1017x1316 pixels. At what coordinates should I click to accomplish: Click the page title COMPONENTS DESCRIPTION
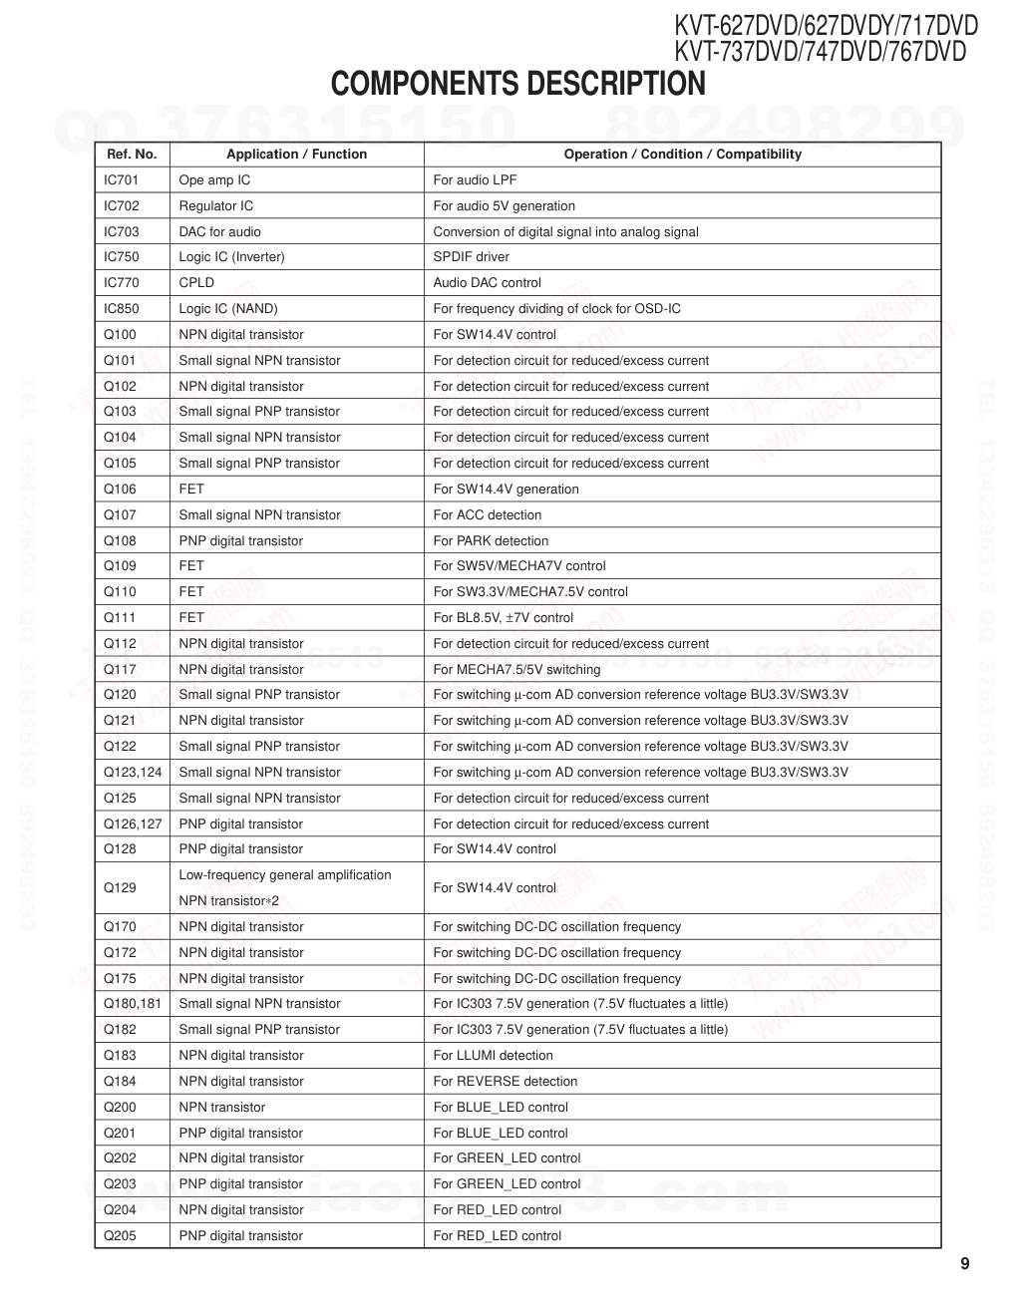point(517,84)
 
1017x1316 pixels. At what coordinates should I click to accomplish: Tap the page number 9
point(964,1264)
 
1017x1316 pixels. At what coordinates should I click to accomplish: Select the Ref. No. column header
point(132,155)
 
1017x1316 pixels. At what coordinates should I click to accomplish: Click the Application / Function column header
point(296,155)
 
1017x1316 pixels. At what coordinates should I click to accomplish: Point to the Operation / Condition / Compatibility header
point(682,155)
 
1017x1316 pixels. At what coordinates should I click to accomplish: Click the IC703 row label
point(122,232)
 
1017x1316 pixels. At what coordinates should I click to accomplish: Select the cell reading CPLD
point(196,283)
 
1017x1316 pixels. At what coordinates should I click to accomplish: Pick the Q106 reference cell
point(121,490)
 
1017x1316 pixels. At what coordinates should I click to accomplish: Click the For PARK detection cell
point(491,541)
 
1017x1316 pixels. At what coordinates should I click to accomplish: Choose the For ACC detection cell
point(488,515)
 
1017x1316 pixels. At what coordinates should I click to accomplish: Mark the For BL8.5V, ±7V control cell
point(503,618)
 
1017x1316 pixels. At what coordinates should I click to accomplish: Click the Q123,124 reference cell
point(133,773)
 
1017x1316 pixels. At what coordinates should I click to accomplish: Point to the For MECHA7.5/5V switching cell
point(516,670)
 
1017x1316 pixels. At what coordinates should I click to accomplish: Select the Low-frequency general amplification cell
point(285,876)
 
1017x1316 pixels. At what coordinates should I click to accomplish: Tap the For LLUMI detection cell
point(493,1056)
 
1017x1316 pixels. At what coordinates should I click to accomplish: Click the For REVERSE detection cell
point(505,1082)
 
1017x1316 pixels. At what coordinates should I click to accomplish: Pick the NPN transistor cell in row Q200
point(222,1108)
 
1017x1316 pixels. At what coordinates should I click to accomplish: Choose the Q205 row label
point(121,1236)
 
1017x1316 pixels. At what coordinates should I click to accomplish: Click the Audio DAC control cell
point(487,283)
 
